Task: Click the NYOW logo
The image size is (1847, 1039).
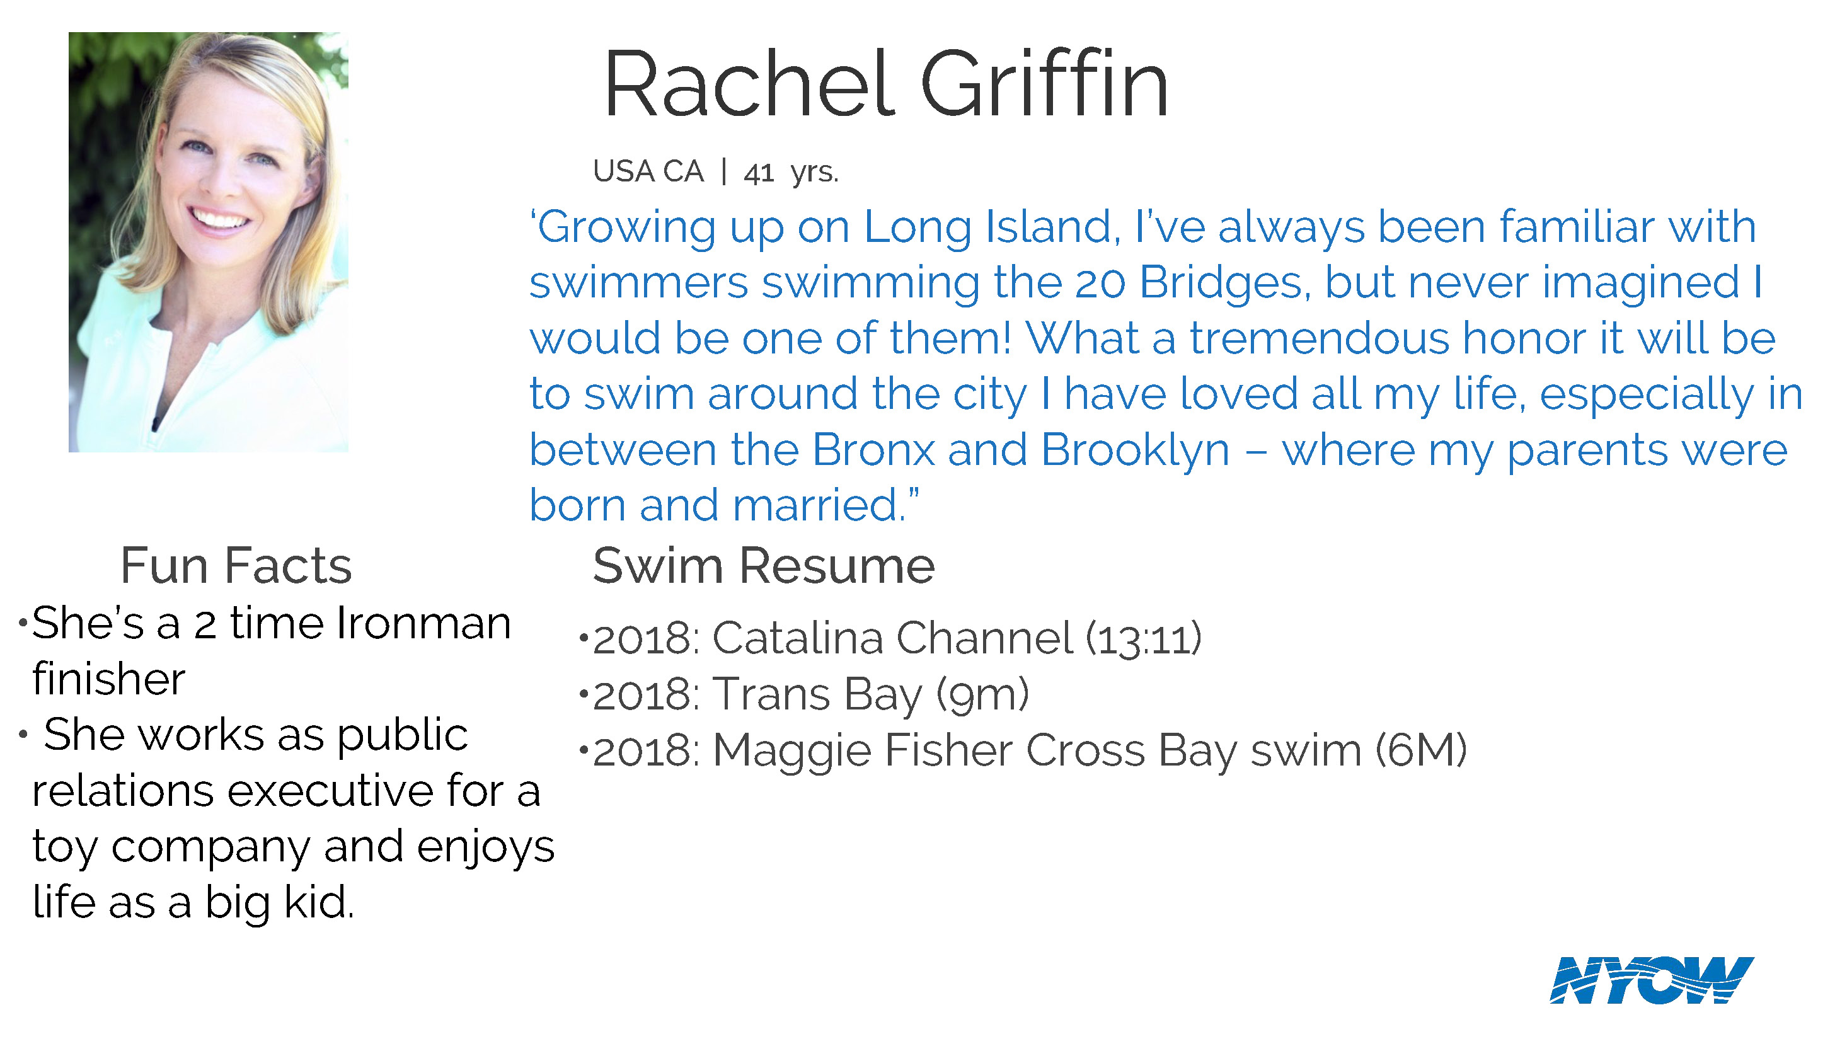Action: pos(1651,980)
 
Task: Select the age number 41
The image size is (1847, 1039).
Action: pos(759,173)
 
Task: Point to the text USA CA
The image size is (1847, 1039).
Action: pos(648,171)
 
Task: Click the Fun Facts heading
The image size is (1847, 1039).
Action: pos(236,566)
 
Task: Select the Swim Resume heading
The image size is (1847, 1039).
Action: pos(764,566)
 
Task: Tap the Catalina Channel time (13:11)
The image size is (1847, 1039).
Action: pos(1144,638)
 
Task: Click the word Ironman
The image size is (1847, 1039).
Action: pos(423,623)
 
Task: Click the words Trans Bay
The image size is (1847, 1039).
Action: pos(817,695)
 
